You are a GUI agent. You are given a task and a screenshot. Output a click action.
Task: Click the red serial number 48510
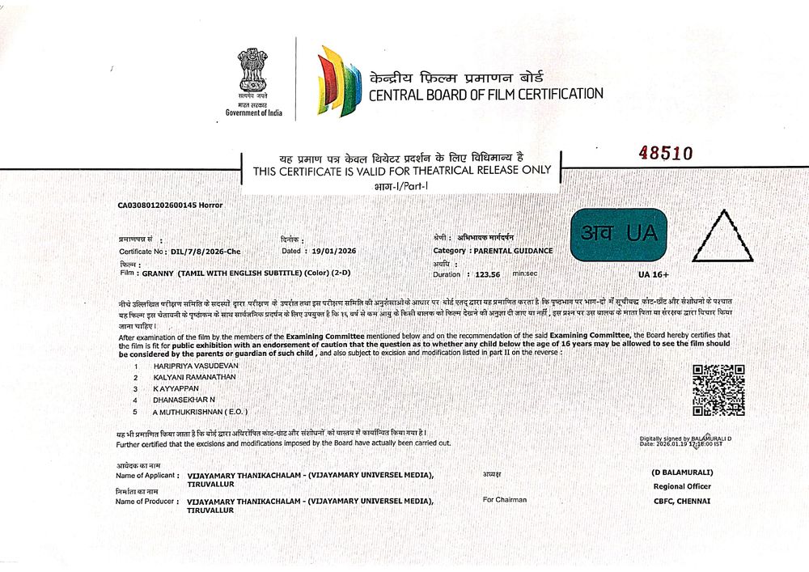667,153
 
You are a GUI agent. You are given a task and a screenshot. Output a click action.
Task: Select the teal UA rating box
619,235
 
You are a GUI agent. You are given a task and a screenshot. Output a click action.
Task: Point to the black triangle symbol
722,238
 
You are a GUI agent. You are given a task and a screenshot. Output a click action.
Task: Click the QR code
718,391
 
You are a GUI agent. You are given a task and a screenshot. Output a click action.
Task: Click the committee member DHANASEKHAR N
184,400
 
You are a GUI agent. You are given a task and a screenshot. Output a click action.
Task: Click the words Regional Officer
682,486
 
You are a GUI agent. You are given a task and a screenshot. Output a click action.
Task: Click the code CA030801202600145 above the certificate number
156,205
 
